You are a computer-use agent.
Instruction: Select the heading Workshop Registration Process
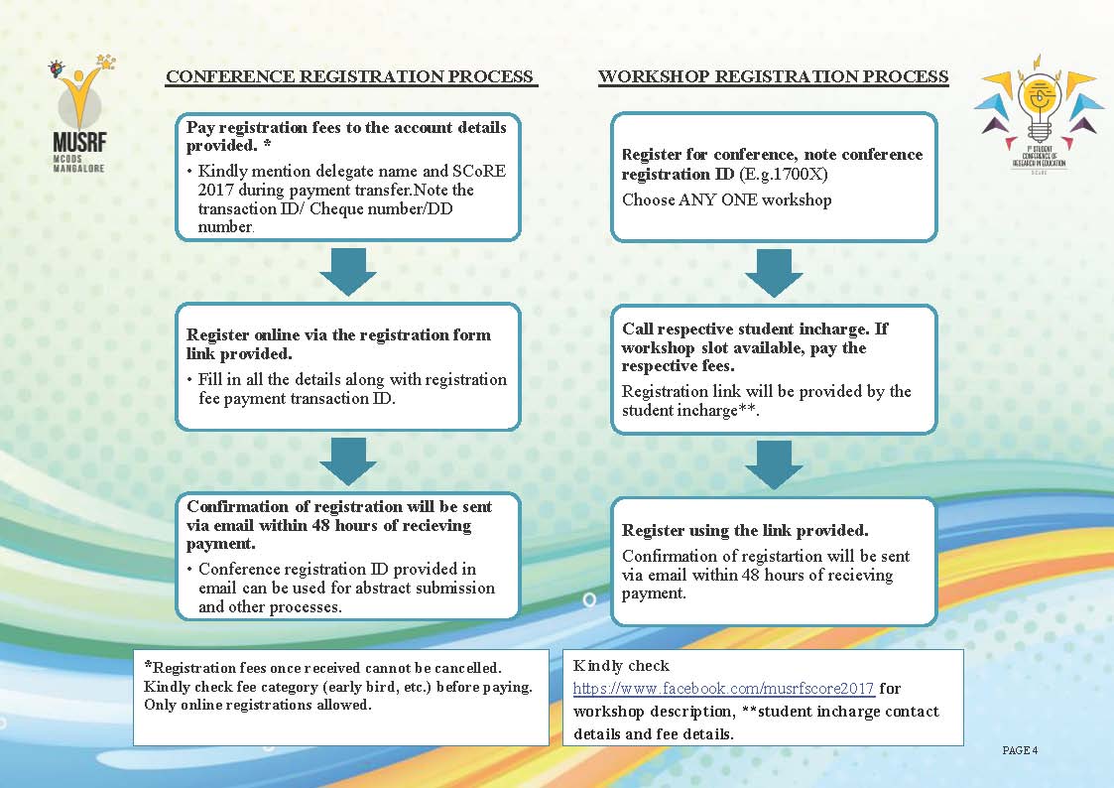[x=773, y=76]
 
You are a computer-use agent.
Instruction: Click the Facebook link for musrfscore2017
[x=723, y=688]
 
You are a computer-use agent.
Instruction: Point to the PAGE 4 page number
[x=1020, y=750]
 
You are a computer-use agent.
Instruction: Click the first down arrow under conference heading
[x=348, y=271]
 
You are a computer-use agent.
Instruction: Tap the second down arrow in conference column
[x=348, y=460]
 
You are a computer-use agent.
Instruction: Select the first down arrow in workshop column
[x=774, y=273]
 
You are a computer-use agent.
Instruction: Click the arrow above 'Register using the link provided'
[x=774, y=464]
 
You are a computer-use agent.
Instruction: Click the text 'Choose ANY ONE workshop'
[x=726, y=199]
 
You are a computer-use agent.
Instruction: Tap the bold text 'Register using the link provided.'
[x=745, y=531]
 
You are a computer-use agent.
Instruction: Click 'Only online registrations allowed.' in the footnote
[x=258, y=706]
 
